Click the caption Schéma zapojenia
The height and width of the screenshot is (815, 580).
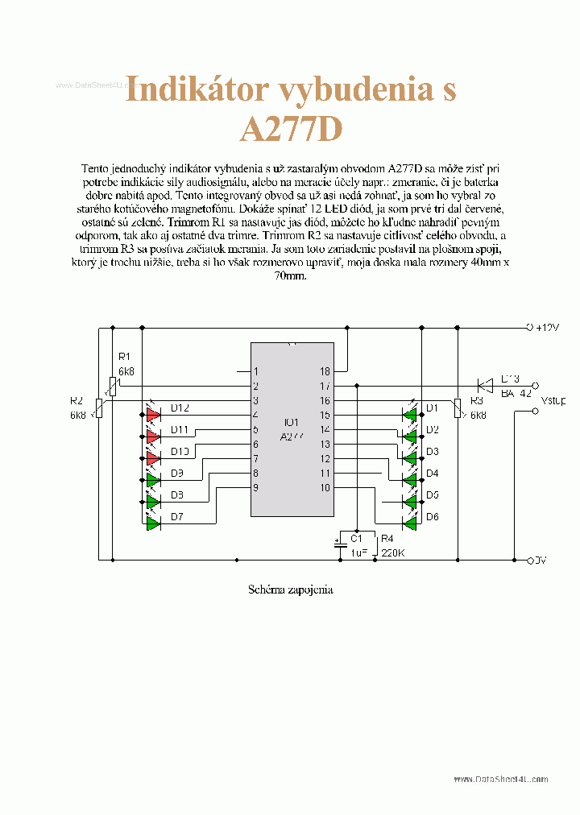pyautogui.click(x=291, y=590)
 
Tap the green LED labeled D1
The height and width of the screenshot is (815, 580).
pyautogui.click(x=410, y=415)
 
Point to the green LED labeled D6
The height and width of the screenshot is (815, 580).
pyautogui.click(x=410, y=523)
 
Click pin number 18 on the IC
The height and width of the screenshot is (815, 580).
pyautogui.click(x=325, y=371)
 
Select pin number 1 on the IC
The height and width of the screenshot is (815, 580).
pyautogui.click(x=256, y=371)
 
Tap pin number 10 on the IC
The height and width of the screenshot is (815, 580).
pyautogui.click(x=325, y=487)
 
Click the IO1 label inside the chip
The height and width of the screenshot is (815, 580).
pyautogui.click(x=291, y=422)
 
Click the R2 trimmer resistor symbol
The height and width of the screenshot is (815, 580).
pyautogui.click(x=99, y=408)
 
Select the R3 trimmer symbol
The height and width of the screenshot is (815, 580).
pyautogui.click(x=457, y=408)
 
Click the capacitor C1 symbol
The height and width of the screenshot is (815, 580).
pyautogui.click(x=339, y=544)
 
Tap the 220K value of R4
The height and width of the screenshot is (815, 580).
pyautogui.click(x=392, y=553)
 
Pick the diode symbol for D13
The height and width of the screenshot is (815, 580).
pyautogui.click(x=486, y=386)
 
